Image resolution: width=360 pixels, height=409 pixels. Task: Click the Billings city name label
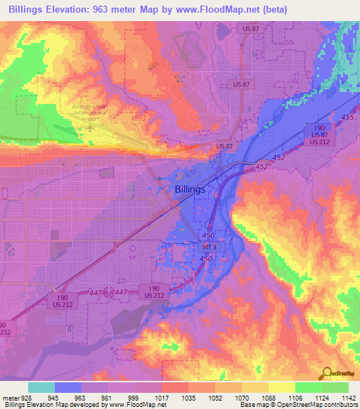tap(190, 189)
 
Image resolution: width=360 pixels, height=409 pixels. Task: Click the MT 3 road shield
tap(208, 247)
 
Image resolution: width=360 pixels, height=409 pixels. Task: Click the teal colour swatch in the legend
tap(41, 387)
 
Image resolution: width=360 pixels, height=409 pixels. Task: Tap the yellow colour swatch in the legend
tap(281, 387)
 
